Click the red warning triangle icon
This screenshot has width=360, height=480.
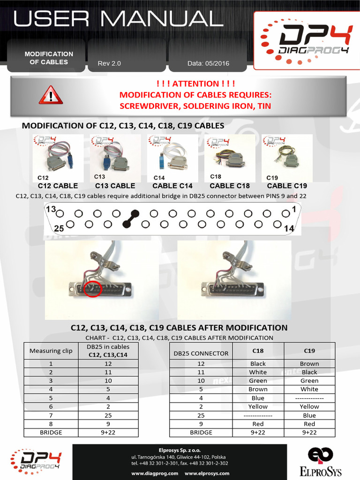(50, 95)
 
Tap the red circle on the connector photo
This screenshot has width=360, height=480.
(93, 288)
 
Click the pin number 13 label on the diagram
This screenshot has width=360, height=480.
(51, 209)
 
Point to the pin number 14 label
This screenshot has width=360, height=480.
(290, 228)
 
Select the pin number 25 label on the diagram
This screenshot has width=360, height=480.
(59, 228)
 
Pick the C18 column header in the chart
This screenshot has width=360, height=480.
(258, 350)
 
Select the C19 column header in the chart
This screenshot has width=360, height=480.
(309, 350)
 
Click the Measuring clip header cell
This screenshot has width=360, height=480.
(51, 351)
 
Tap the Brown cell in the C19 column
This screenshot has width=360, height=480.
(309, 364)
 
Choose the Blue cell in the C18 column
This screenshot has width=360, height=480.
(258, 398)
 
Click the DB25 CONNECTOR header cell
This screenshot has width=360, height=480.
(201, 353)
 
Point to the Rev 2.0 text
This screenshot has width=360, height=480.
(109, 63)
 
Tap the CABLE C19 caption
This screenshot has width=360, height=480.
(286, 186)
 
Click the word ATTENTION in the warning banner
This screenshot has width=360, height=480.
(195, 84)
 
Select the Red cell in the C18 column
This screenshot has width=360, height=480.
(258, 424)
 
